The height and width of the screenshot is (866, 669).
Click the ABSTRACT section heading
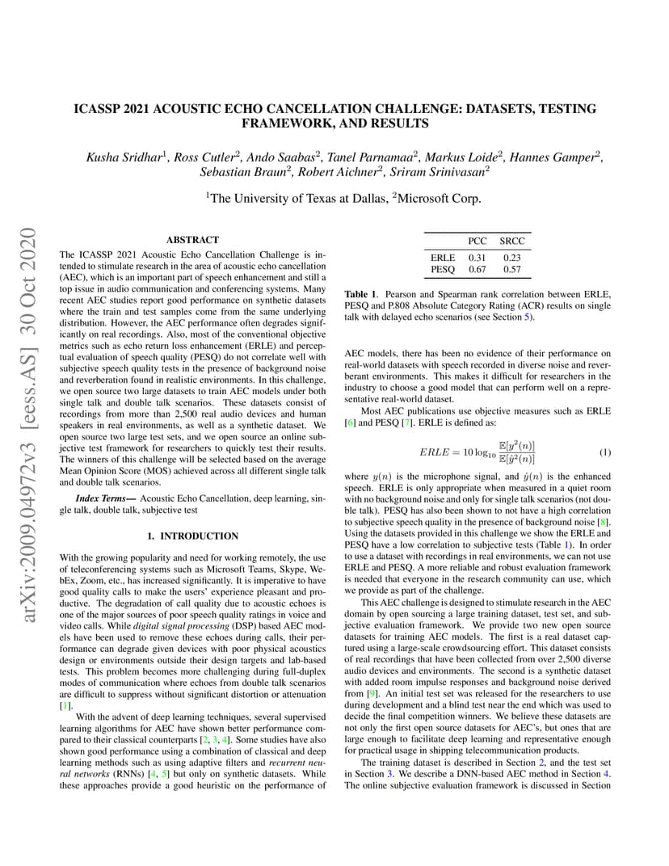(192, 240)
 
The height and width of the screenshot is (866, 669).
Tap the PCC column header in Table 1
(478, 241)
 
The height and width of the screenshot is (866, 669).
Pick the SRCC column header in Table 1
(511, 241)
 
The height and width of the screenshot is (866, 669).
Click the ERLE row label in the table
(443, 258)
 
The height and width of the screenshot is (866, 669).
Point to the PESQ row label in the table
(443, 269)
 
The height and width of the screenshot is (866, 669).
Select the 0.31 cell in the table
(478, 258)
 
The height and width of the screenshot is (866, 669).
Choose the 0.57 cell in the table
(511, 269)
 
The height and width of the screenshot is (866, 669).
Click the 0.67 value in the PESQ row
(478, 269)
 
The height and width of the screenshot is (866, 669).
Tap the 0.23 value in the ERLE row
(511, 258)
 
